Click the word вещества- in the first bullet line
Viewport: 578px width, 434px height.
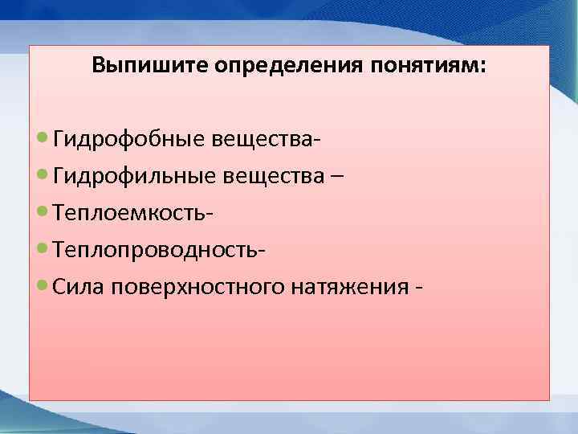[268, 141]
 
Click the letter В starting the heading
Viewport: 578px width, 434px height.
[98, 65]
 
